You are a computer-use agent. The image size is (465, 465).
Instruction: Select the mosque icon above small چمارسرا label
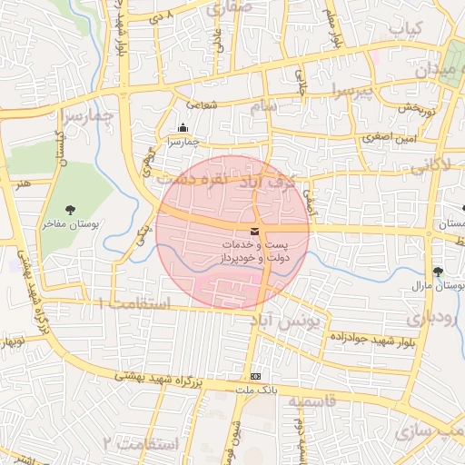click(x=183, y=128)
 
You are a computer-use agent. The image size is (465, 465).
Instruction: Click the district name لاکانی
click(x=430, y=164)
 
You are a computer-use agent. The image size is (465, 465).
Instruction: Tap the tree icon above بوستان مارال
click(x=439, y=272)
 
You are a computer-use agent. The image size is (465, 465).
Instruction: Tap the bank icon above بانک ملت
click(x=256, y=376)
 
